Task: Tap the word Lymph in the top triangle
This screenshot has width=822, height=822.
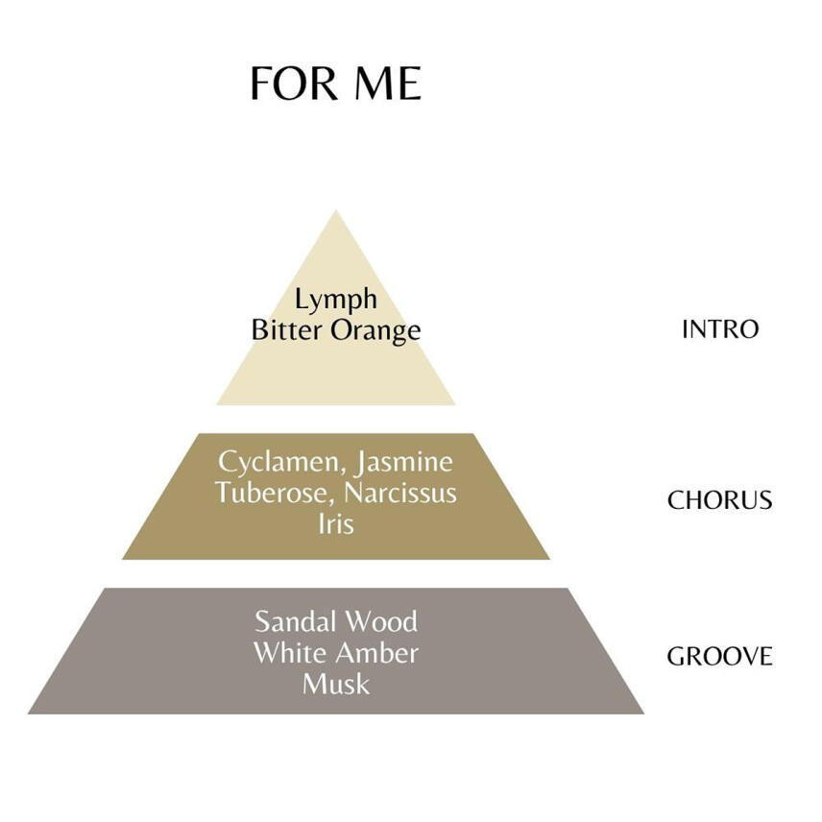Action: (336, 301)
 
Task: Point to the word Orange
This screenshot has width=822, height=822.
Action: (373, 331)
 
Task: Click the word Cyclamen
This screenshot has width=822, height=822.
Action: (278, 463)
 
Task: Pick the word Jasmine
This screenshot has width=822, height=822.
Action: (403, 463)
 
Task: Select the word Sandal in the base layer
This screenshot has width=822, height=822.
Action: (294, 621)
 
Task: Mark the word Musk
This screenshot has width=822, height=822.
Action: (335, 684)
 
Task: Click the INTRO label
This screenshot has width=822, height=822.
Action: (719, 329)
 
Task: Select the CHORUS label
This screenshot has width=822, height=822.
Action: (719, 500)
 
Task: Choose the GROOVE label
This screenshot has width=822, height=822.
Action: (719, 657)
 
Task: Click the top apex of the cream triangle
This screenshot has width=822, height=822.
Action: (335, 212)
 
